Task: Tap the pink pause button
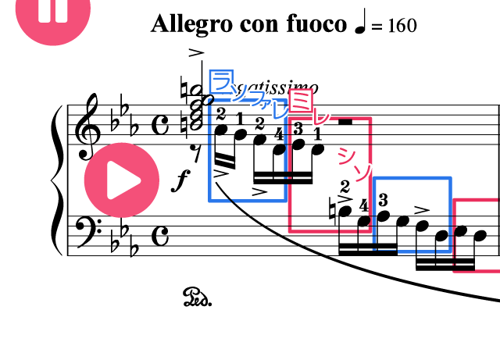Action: [52, 11]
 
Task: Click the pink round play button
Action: [121, 180]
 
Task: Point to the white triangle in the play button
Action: [123, 180]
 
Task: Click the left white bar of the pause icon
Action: [44, 9]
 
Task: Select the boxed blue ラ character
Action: [221, 81]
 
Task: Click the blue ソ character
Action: [240, 93]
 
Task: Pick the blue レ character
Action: [280, 111]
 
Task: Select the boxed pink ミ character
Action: [301, 100]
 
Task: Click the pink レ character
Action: [320, 116]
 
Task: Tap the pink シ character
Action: [345, 155]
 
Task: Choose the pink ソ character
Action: [362, 172]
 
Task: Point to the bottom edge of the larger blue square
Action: [250, 201]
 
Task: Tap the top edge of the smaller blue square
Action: [412, 179]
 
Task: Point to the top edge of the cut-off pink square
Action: [477, 200]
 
